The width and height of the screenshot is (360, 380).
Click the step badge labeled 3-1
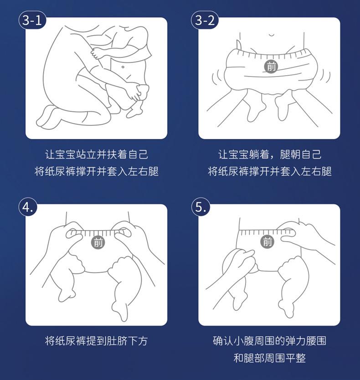(x=32, y=21)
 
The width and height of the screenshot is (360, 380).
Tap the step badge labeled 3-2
(x=205, y=21)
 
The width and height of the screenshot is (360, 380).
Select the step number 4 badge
(x=28, y=207)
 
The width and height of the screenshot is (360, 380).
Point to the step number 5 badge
(x=201, y=207)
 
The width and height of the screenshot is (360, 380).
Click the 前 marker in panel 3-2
(x=271, y=66)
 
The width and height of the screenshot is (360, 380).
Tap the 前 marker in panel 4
(x=98, y=242)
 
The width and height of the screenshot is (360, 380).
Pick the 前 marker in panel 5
(x=267, y=242)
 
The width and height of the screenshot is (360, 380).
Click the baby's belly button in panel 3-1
(x=123, y=67)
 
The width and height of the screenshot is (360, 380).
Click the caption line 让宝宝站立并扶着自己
(x=96, y=154)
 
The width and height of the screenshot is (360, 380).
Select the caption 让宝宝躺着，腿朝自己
(x=270, y=154)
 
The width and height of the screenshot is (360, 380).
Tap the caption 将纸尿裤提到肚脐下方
(x=96, y=341)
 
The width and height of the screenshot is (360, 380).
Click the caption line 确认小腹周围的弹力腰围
(x=270, y=341)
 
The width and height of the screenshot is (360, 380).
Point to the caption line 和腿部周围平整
(x=270, y=358)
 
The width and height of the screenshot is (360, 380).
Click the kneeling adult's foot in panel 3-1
(x=48, y=117)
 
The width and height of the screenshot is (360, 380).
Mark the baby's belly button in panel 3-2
(x=272, y=35)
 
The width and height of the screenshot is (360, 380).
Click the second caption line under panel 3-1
(x=96, y=171)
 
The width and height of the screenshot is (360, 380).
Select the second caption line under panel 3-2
(x=270, y=171)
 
